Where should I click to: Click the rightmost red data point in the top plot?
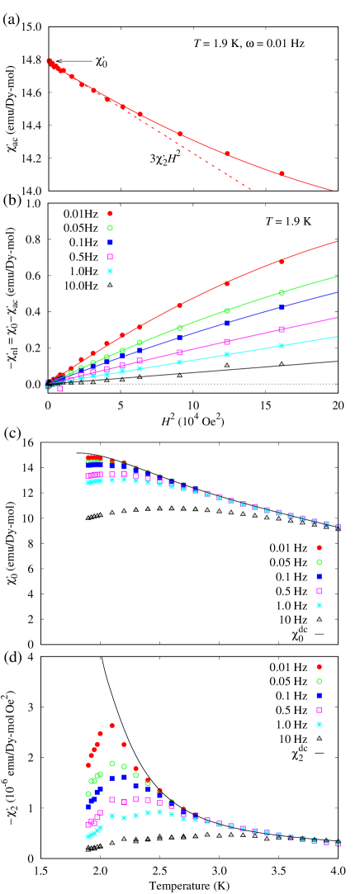click(x=282, y=173)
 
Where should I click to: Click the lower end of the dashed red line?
click(x=250, y=189)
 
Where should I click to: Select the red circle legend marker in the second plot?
click(x=110, y=213)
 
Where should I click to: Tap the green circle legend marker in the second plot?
click(x=110, y=228)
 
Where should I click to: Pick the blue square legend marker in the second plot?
click(x=110, y=242)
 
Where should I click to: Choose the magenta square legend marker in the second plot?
click(x=110, y=257)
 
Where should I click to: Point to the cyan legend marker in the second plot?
click(x=110, y=271)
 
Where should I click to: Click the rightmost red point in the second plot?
click(x=282, y=262)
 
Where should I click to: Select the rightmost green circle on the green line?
click(x=282, y=292)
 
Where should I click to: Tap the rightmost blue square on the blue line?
click(x=282, y=307)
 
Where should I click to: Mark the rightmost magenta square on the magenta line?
click(x=282, y=329)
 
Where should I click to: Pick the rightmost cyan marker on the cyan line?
click(x=282, y=346)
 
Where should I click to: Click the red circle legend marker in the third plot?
click(x=319, y=547)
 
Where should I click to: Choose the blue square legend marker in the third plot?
click(x=319, y=576)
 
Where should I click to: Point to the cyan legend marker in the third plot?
click(x=319, y=605)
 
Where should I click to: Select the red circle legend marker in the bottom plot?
click(x=319, y=666)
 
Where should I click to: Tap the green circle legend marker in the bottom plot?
click(x=319, y=681)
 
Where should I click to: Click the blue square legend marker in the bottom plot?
click(x=319, y=695)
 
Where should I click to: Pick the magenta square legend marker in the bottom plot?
click(x=319, y=710)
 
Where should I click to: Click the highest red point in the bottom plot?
click(x=111, y=725)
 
